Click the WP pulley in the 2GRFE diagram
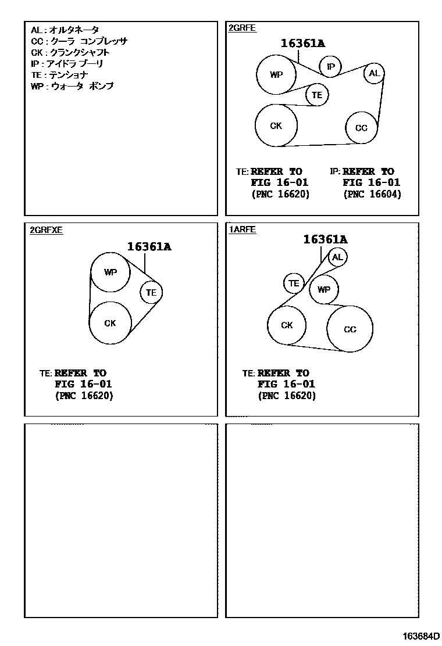(x=277, y=74)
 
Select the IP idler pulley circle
(x=331, y=67)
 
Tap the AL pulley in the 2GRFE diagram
(x=374, y=73)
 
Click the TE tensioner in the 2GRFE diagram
(x=317, y=95)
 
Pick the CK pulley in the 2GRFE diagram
(x=276, y=125)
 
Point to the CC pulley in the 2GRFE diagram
(x=361, y=128)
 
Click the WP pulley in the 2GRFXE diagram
(x=110, y=272)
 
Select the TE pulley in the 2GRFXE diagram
(x=151, y=292)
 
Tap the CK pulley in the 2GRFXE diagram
(x=110, y=323)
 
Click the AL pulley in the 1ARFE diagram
(x=338, y=257)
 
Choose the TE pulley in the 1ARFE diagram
(x=294, y=283)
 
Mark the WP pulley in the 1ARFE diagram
(x=324, y=289)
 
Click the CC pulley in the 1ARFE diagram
(x=350, y=329)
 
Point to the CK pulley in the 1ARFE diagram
(x=287, y=325)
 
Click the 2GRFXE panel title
(x=46, y=230)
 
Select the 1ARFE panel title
(x=243, y=230)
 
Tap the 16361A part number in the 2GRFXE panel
(x=149, y=246)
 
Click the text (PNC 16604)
(x=372, y=194)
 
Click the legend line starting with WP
(x=72, y=86)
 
